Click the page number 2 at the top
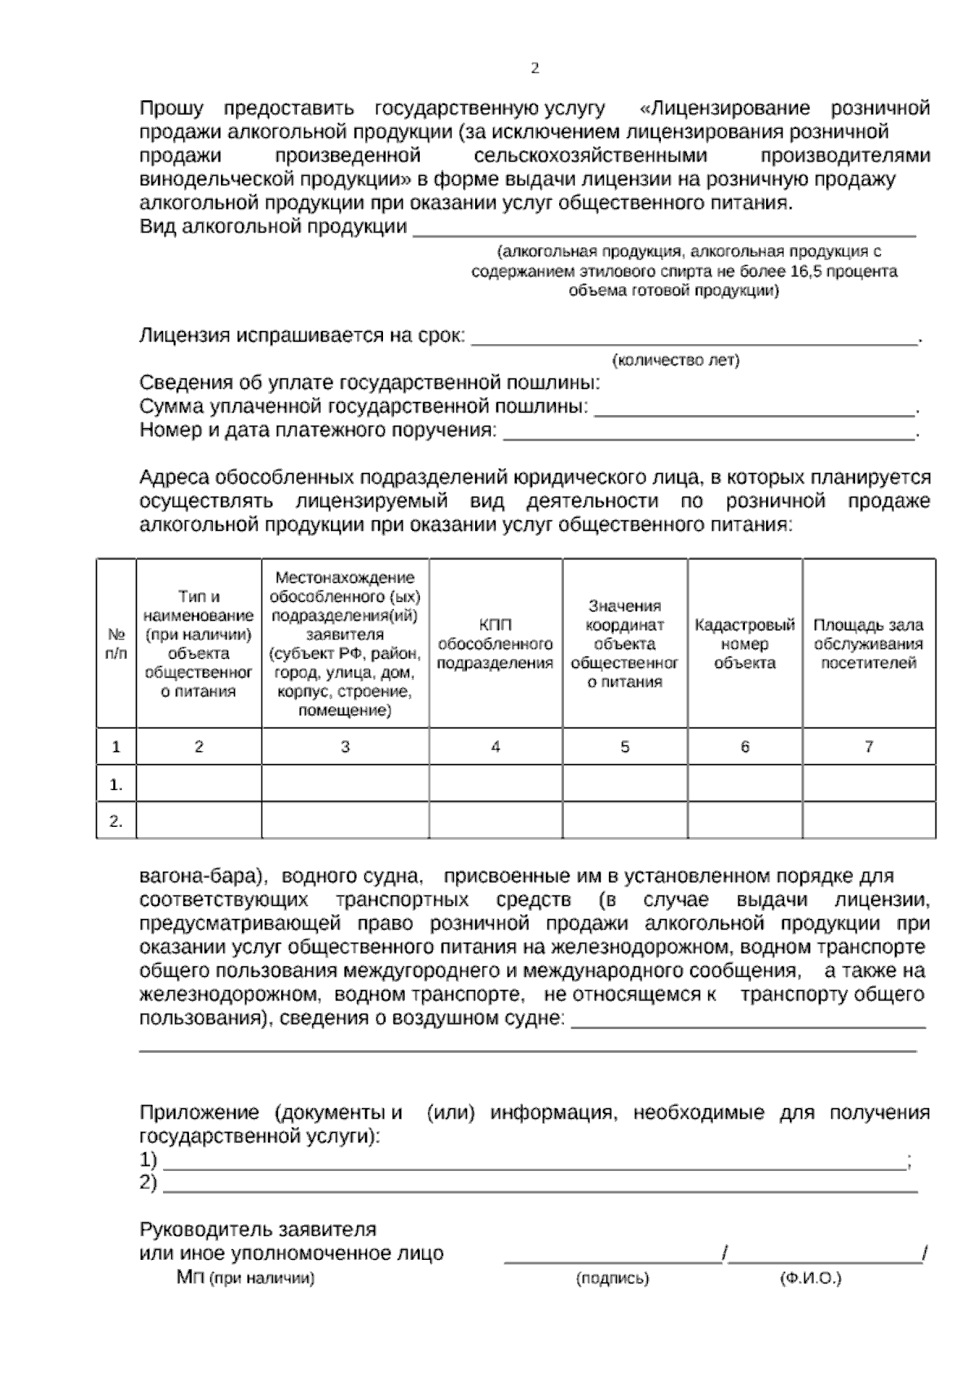click(535, 68)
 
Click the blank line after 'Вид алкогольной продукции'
click(664, 232)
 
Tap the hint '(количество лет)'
click(676, 360)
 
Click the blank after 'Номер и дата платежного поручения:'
click(709, 435)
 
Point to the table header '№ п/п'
click(117, 644)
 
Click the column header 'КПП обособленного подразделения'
click(496, 644)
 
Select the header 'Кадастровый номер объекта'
click(745, 644)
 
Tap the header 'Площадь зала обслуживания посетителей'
click(869, 644)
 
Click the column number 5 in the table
click(625, 746)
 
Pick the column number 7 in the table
click(869, 746)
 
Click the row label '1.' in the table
click(117, 784)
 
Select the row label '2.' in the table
click(117, 821)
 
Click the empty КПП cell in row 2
click(496, 821)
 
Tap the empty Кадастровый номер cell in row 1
click(745, 784)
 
